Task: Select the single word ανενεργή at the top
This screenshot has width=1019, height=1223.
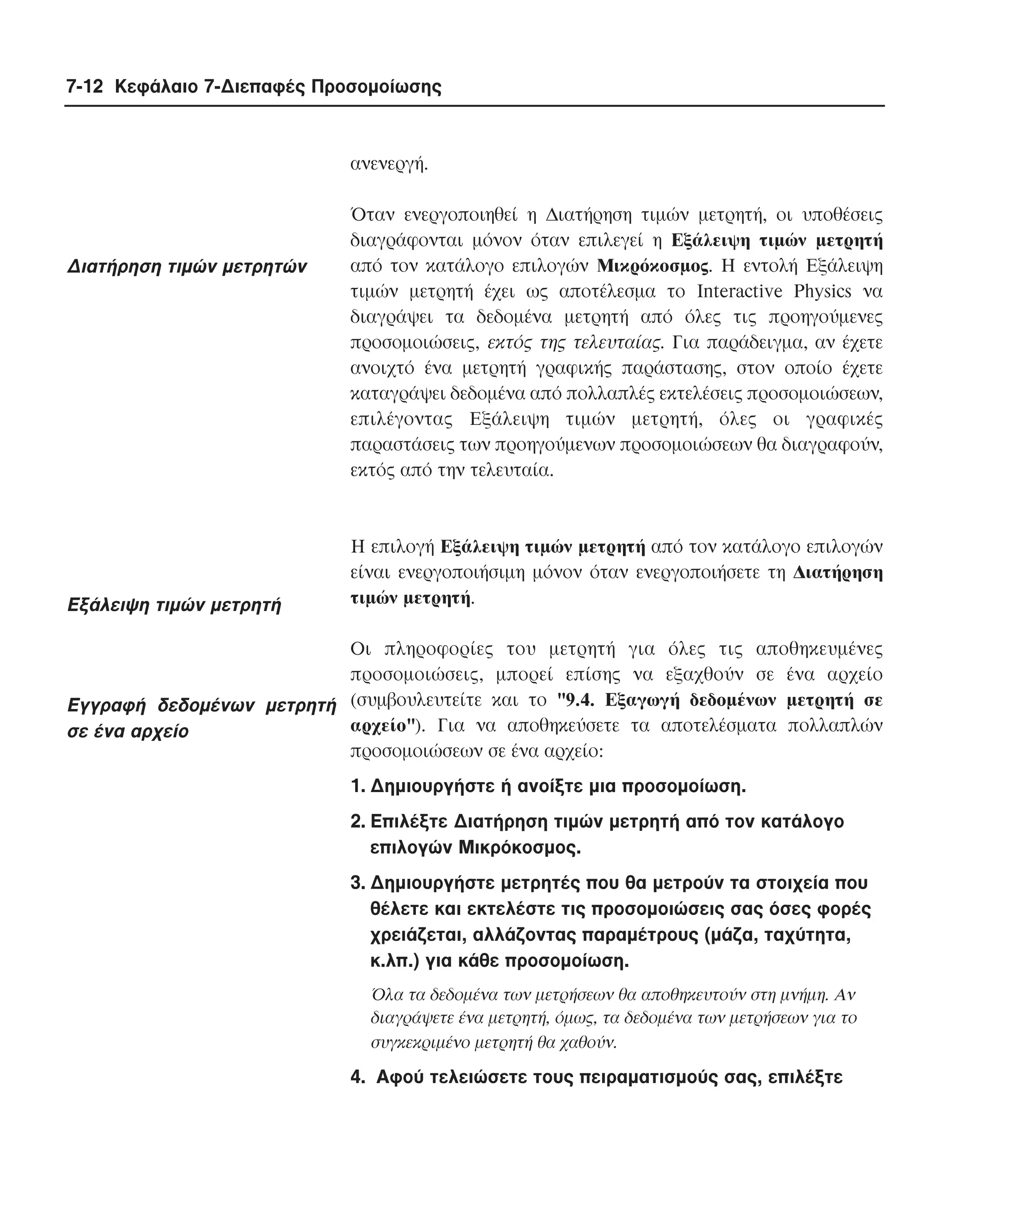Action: click(x=389, y=165)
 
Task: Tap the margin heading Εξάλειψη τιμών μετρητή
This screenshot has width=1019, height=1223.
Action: click(x=174, y=605)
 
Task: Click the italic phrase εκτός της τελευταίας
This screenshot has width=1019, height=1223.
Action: click(x=574, y=342)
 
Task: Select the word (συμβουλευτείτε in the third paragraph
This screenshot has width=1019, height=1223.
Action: click(x=408, y=700)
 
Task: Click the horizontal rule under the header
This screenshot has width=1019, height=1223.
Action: click(x=474, y=106)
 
